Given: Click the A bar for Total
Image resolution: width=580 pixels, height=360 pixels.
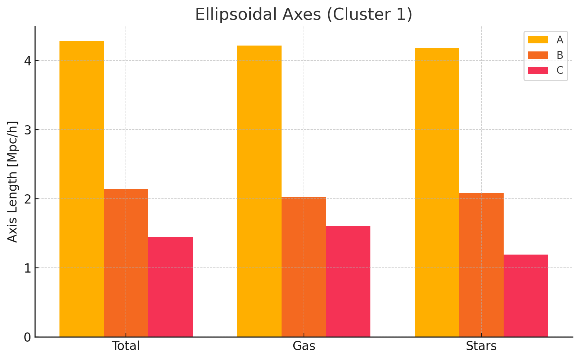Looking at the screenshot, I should (81, 189).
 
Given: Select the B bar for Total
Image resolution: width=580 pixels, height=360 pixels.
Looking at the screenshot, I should (126, 263).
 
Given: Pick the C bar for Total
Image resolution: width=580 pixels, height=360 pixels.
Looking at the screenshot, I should (170, 287).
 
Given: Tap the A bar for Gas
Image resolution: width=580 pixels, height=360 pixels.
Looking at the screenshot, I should (259, 191).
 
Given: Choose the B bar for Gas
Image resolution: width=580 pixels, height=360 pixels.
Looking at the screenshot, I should (304, 267).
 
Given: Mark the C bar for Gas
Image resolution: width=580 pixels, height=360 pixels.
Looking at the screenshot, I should (348, 281).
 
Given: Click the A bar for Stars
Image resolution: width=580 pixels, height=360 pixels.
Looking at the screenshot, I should (437, 192).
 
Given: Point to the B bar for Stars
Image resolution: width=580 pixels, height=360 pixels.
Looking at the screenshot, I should (481, 265).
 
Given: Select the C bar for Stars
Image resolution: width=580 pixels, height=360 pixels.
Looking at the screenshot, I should (526, 296).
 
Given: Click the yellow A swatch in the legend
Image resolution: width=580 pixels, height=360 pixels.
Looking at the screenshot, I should (538, 40).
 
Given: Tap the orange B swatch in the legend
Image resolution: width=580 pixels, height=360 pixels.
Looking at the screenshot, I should (538, 55).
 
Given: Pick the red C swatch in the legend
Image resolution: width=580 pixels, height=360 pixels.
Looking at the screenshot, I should (538, 70).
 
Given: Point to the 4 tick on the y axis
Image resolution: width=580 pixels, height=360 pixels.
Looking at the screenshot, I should (28, 61).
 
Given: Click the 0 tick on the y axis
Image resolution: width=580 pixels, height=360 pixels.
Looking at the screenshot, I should (28, 337).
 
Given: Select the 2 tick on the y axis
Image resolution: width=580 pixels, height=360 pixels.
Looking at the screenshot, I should (28, 199).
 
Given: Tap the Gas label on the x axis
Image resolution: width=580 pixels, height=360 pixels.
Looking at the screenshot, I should (304, 346).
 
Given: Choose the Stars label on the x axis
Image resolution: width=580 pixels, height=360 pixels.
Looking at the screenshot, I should (481, 346).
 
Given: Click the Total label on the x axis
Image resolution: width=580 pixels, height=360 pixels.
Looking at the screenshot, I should (126, 346).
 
